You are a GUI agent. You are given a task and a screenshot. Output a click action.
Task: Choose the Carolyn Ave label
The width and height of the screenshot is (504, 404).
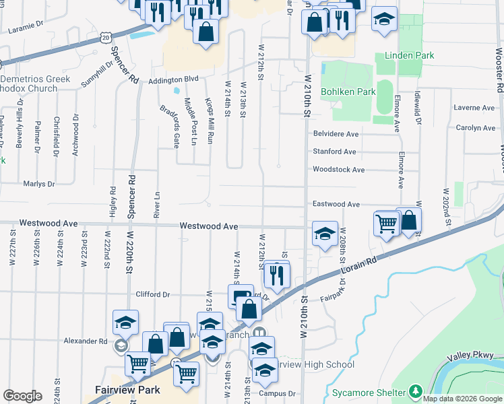click(x=475, y=127)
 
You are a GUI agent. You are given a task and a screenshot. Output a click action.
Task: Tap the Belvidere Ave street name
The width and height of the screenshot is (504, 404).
click(x=334, y=134)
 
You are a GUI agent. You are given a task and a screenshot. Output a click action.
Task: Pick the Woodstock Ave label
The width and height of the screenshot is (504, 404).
click(x=338, y=170)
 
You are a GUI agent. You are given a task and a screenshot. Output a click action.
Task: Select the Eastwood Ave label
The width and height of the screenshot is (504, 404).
click(x=336, y=204)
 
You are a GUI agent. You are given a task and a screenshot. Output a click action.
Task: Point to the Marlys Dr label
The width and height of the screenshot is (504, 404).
click(x=38, y=184)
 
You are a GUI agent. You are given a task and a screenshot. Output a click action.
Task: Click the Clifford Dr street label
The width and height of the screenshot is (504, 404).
click(x=152, y=294)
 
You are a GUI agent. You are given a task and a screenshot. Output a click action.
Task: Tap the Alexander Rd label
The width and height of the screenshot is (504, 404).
click(x=85, y=341)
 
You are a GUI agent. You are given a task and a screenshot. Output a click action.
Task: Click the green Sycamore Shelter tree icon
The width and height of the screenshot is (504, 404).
click(x=416, y=391)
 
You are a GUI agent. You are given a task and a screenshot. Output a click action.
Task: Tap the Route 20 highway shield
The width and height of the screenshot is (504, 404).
click(x=106, y=38)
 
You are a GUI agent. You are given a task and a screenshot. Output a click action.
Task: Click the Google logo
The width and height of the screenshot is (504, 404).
click(x=22, y=396)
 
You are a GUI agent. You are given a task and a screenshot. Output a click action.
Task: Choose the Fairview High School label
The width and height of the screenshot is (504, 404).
click(x=317, y=365)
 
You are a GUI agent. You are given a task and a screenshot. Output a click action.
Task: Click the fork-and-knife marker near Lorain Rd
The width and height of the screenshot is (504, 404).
click(x=277, y=274)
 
